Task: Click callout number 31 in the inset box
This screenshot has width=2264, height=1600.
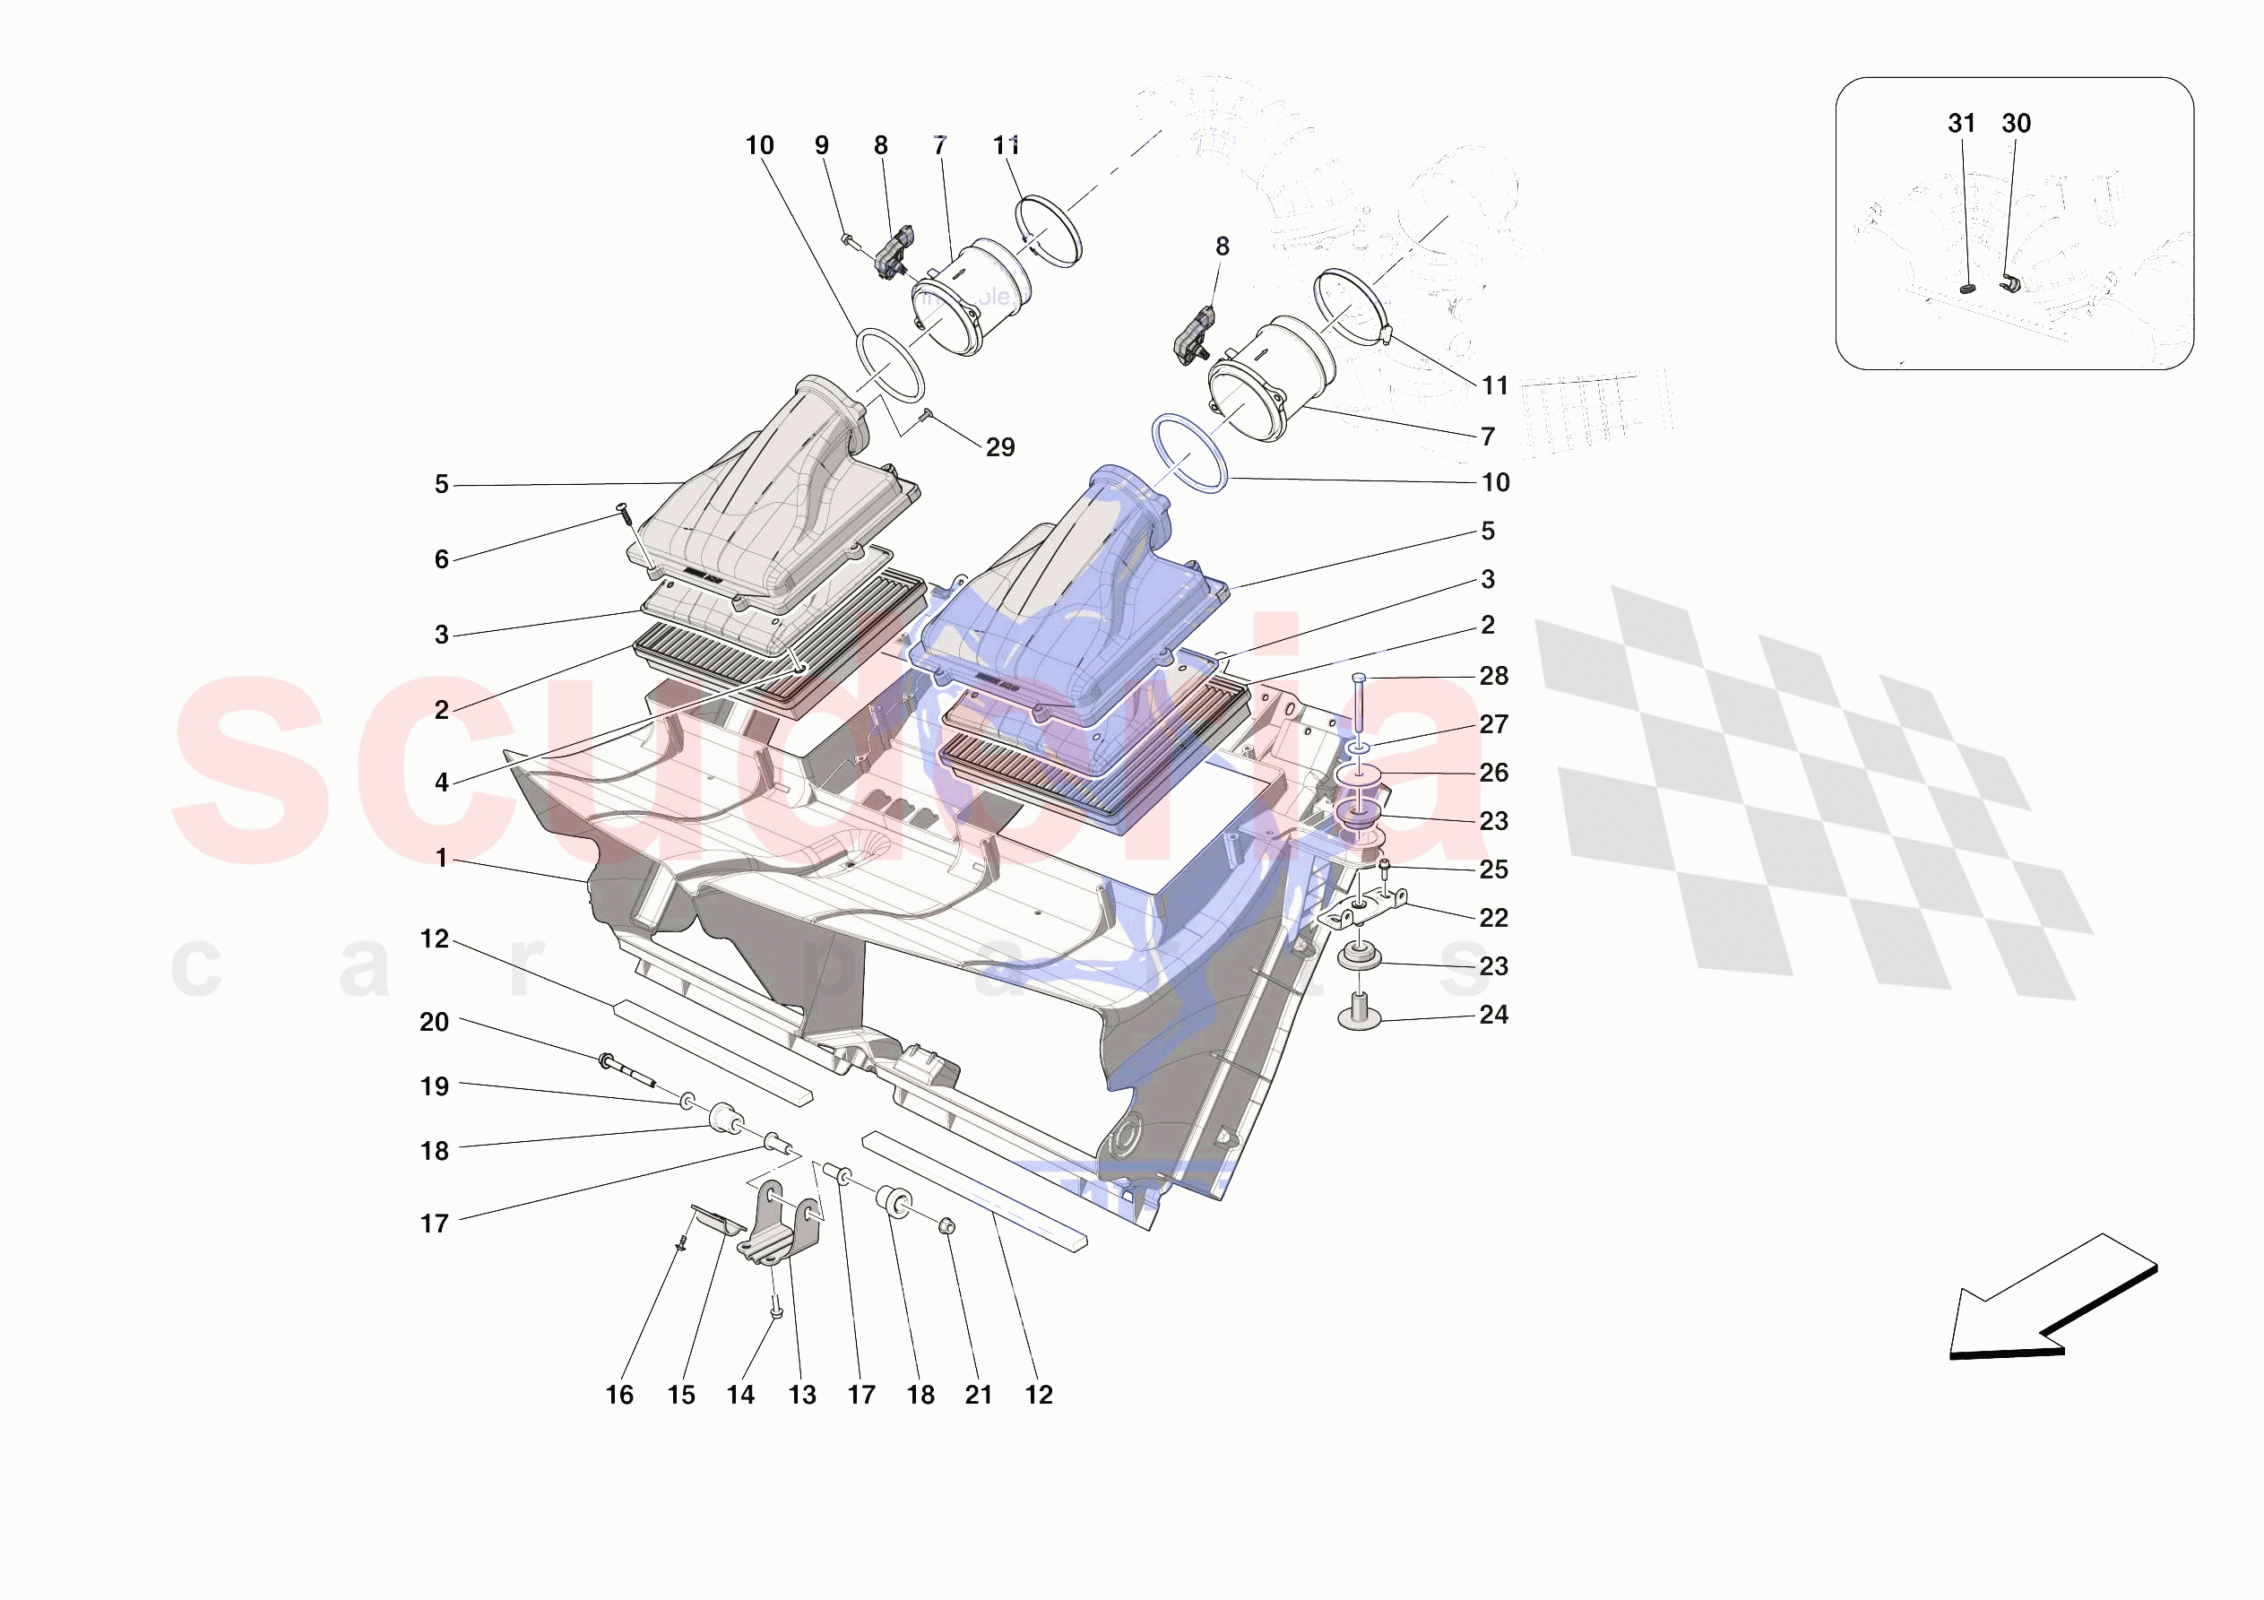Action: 1961,124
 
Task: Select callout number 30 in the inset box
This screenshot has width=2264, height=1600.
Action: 2016,124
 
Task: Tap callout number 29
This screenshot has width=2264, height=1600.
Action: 1000,448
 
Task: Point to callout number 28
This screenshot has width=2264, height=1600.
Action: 1493,676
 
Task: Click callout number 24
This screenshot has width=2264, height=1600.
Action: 1493,1014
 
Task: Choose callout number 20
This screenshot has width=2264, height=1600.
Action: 434,1022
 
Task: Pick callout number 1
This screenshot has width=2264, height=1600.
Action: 442,858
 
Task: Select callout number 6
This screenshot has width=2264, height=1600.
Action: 442,559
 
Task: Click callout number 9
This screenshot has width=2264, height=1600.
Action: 821,146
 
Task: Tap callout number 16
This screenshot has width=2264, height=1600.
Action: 619,1395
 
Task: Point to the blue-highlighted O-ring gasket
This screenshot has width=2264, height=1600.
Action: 1189,453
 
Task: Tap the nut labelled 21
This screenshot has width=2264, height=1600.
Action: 945,1226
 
